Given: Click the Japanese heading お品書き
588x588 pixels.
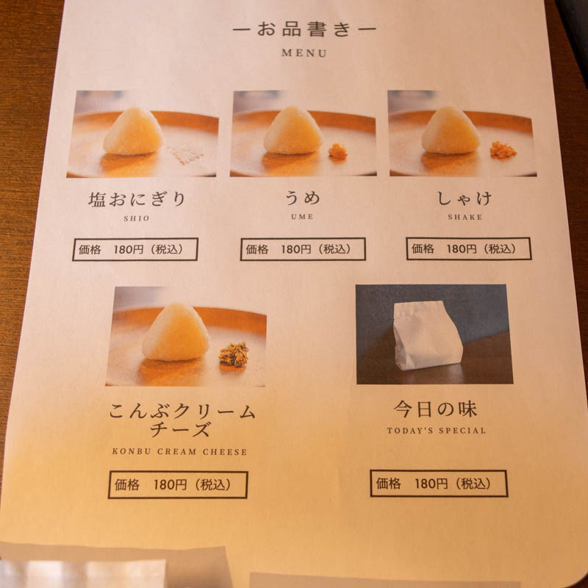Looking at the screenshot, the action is point(304,29).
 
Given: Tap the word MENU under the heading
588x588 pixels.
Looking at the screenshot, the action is point(304,53).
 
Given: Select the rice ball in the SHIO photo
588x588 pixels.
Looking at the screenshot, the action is point(133,132).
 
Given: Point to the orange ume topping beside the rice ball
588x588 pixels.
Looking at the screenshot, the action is point(338,151).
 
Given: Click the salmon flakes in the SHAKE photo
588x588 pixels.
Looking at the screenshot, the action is point(503,150).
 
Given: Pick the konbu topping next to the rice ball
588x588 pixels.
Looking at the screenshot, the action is point(234,354).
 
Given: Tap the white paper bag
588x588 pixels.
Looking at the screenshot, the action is point(428,336).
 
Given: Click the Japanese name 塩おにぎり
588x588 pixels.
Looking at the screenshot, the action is point(137,198).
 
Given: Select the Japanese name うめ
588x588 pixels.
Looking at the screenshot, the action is point(303,198).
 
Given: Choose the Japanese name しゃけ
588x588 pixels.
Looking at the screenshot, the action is point(465,198).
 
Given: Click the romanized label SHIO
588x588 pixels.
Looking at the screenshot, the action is point(137,218).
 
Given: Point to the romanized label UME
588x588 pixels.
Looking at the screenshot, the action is point(302,217).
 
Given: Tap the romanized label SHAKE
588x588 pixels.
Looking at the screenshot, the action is point(465,217).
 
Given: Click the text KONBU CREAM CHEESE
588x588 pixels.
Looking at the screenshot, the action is point(179,452).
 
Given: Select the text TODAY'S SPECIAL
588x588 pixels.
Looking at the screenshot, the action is point(436,431).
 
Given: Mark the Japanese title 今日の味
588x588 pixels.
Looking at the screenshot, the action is point(435,409).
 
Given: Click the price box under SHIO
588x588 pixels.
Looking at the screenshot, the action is point(135,249).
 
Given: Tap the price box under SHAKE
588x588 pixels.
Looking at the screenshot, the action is point(469,248).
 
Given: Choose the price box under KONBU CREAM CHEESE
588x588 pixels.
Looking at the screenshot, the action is point(178,484).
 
